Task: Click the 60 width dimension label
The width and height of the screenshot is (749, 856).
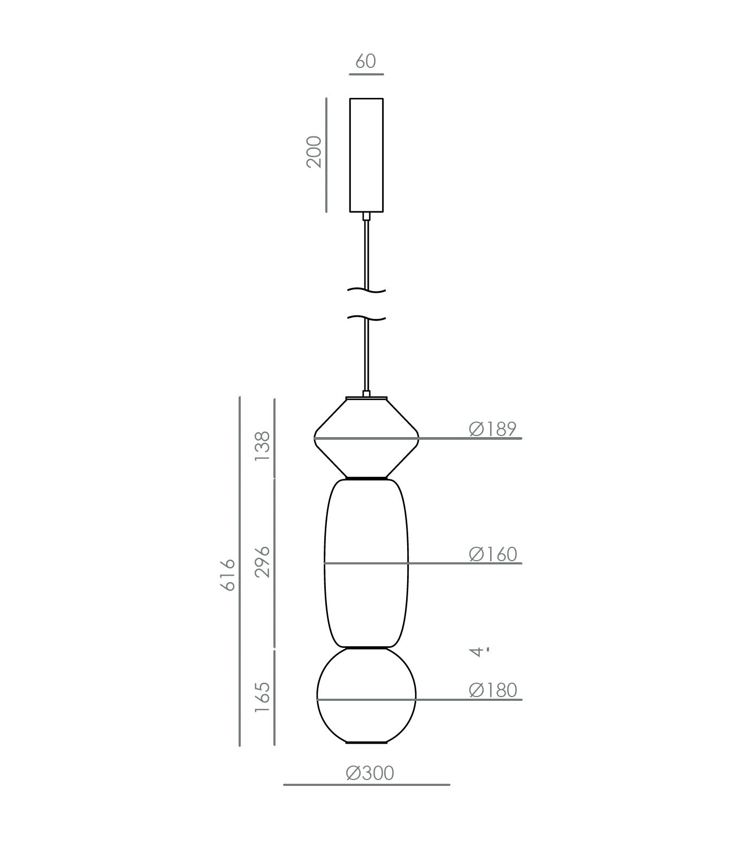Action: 365,61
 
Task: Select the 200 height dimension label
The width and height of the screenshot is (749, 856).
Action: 314,152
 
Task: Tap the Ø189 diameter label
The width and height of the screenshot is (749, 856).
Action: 493,429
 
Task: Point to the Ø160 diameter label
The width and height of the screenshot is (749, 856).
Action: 493,554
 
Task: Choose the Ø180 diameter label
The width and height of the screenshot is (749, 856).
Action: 493,690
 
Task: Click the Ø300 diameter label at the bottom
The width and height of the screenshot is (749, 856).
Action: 370,773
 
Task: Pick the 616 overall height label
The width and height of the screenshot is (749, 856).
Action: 228,575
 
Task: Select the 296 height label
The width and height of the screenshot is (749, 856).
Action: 263,562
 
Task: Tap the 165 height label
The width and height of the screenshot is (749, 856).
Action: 263,697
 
